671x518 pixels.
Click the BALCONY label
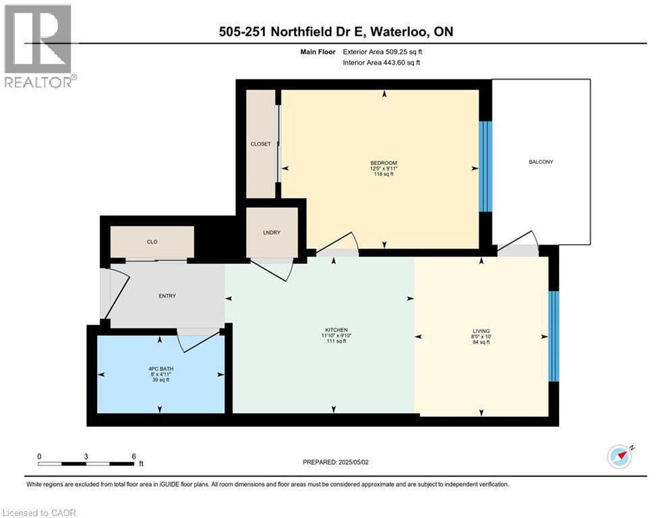pos(541,162)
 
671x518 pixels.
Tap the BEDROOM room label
pos(384,163)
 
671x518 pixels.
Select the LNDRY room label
pos(272,233)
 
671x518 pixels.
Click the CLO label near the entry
pos(152,241)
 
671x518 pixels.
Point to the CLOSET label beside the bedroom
pos(260,144)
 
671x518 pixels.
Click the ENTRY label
pos(167,296)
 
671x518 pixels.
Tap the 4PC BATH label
pos(160,368)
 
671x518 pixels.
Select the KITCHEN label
pos(334,329)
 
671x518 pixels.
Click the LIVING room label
pos(481,330)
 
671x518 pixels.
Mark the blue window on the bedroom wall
pos(482,166)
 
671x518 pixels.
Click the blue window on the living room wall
pos(553,336)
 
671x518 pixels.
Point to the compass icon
pos(620,457)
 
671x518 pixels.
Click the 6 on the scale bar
pos(134,456)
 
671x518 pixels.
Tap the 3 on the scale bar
pos(86,456)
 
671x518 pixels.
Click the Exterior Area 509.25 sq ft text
pos(383,51)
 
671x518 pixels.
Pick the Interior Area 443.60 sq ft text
pos(382,63)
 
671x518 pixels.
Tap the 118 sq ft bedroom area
pos(384,174)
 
